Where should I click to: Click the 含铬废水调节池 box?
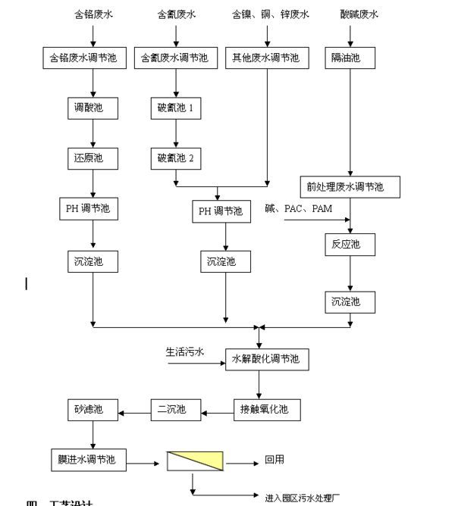[x=93, y=58]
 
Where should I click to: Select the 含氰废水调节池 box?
[x=175, y=58]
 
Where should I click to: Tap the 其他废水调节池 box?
[x=268, y=58]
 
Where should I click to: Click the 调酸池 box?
[x=93, y=108]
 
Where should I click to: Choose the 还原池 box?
[x=93, y=158]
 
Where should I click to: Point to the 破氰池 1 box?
[x=176, y=108]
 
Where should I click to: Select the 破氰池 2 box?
[x=176, y=158]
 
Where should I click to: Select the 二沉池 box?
[x=175, y=410]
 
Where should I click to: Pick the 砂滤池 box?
[x=93, y=410]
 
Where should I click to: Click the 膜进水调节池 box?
[x=93, y=459]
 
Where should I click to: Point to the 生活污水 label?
[x=185, y=352]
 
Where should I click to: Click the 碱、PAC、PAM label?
[x=297, y=209]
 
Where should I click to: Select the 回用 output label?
[x=275, y=460]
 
